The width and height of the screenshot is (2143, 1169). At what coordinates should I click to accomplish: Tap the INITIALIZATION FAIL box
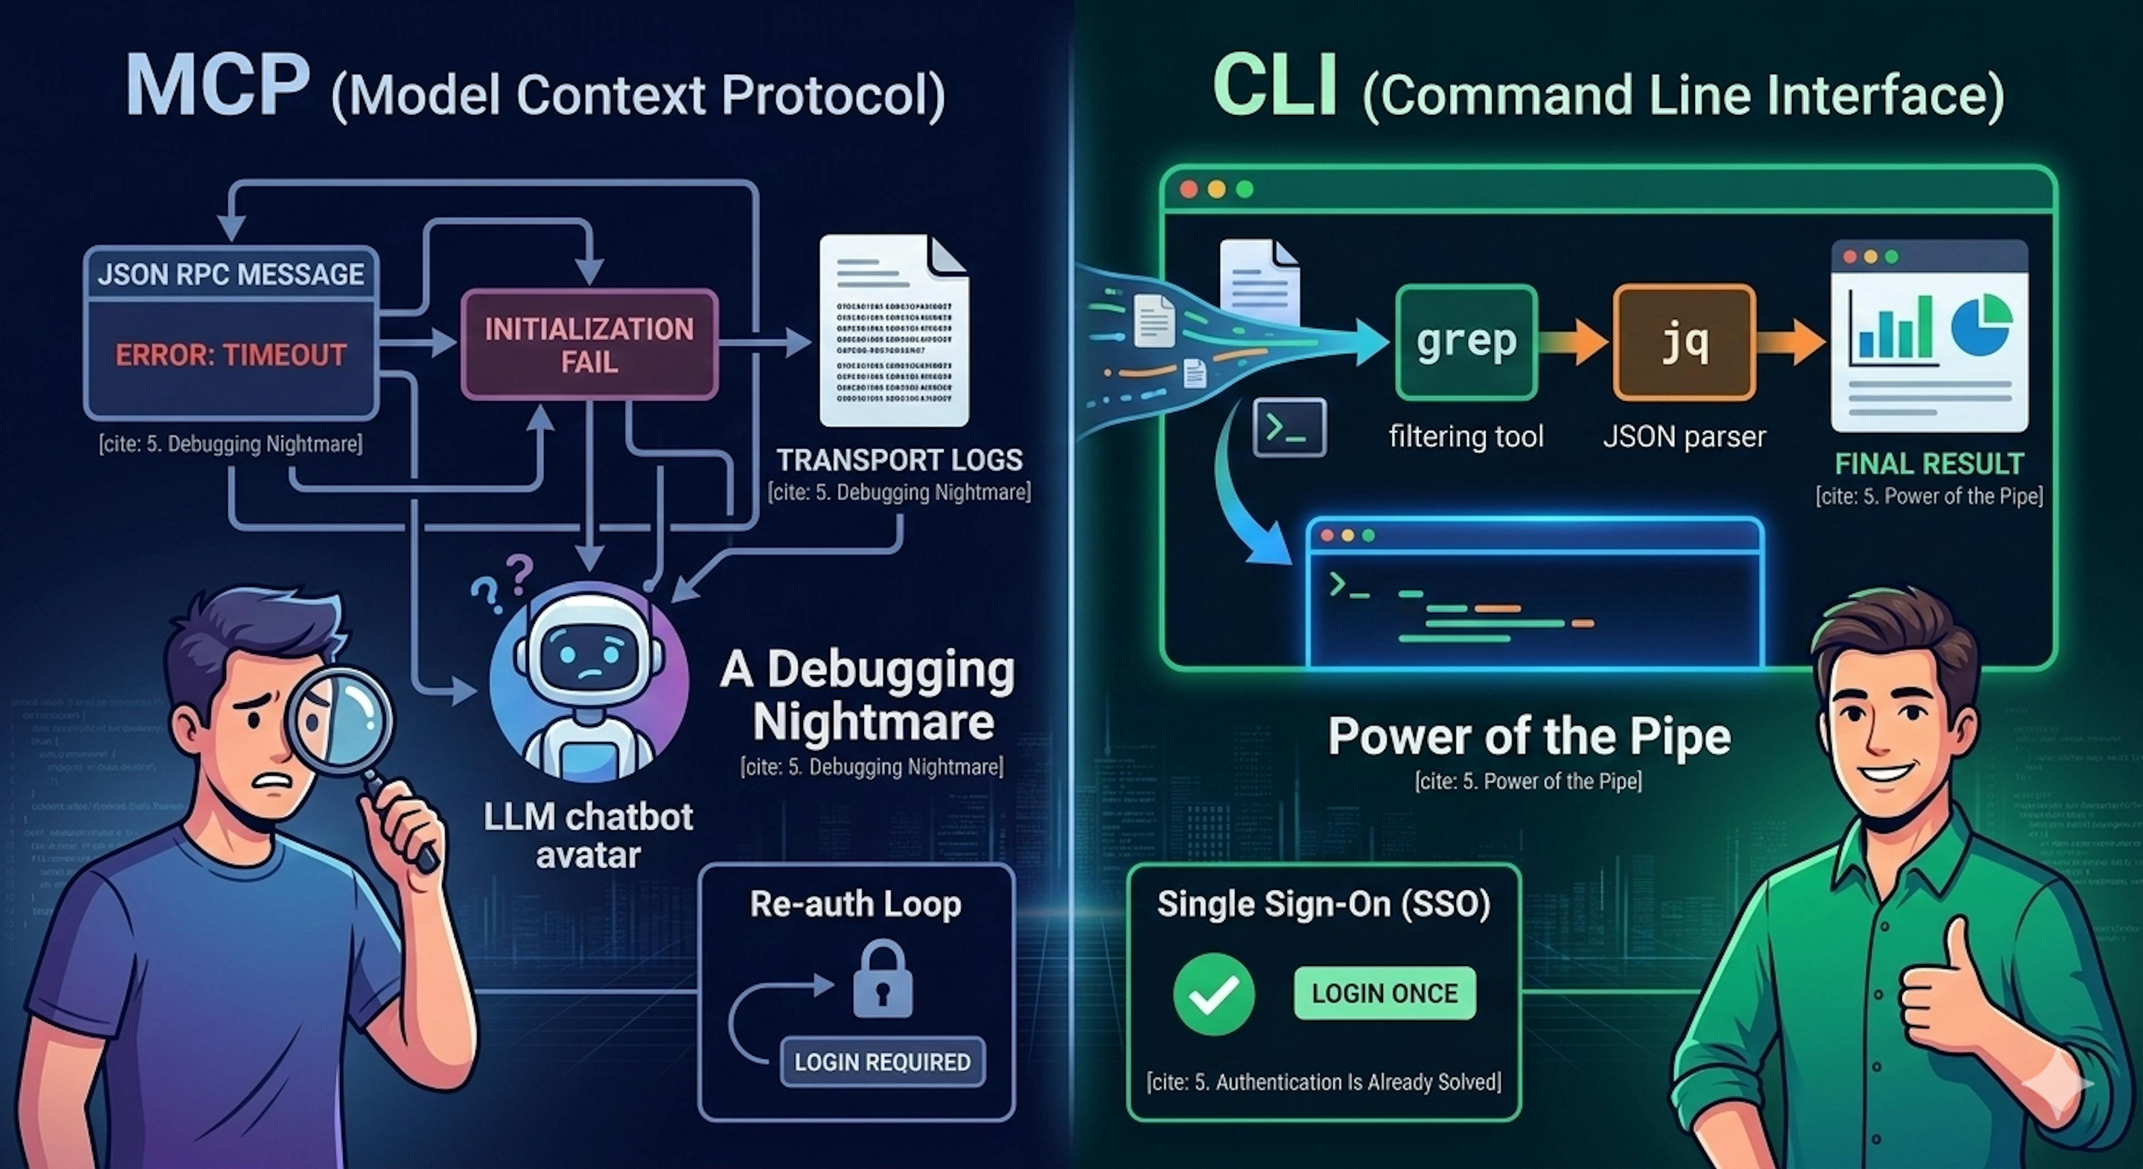coord(589,344)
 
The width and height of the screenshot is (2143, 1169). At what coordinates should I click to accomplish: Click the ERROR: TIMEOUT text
coord(230,355)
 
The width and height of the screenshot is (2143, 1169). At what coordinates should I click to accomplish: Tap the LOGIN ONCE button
coord(1384,993)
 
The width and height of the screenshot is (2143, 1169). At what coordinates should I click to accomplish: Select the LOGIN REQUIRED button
coord(882,1062)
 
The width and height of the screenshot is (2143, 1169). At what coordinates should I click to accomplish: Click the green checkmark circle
coord(1214,993)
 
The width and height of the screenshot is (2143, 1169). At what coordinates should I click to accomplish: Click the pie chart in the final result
coord(1981,325)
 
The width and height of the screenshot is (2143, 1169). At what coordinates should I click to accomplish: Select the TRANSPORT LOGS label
coord(899,460)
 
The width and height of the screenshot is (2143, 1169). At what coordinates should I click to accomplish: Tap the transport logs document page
coord(893,333)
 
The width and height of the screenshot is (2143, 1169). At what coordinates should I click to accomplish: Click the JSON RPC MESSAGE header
coord(230,274)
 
